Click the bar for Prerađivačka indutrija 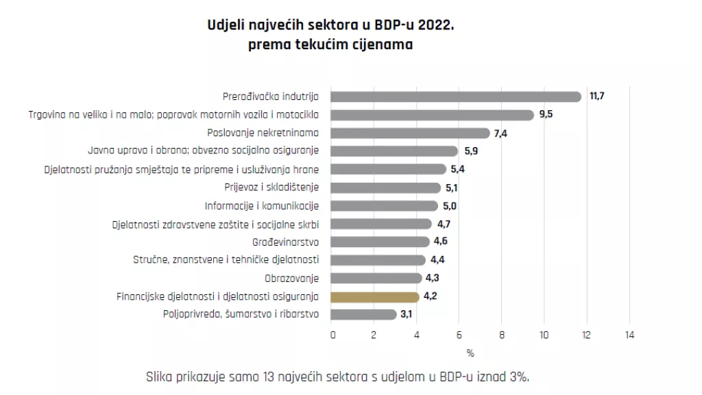456,97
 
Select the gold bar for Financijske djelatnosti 375,297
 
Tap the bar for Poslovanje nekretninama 411,133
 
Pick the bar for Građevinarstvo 380,242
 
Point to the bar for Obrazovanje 377,278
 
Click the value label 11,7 596,97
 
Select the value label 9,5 546,114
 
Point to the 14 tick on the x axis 629,335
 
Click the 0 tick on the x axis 333,335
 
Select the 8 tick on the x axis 502,335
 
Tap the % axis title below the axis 470,353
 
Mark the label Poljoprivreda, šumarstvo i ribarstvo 241,315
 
